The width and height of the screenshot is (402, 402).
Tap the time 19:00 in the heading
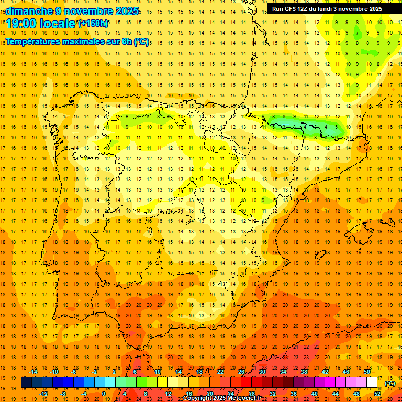pyautogui.click(x=22, y=24)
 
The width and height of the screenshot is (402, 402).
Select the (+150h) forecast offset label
pyautogui.click(x=93, y=24)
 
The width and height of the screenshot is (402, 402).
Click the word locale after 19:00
pyautogui.click(x=58, y=24)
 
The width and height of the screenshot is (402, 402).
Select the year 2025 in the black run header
pyautogui.click(x=374, y=9)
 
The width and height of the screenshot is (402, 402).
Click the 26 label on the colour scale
pyautogui.click(x=241, y=372)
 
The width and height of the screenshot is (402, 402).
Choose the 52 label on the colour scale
pyautogui.click(x=377, y=394)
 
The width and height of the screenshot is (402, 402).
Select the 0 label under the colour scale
pyautogui.click(x=104, y=394)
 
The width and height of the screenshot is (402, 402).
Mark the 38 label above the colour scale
pyautogui.click(x=304, y=372)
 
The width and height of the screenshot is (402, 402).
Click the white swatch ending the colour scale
pyautogui.click(x=372, y=383)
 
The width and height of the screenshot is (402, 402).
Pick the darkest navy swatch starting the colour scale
pyautogui.click(x=27, y=383)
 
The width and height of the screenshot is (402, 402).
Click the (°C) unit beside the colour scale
pyautogui.click(x=389, y=383)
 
